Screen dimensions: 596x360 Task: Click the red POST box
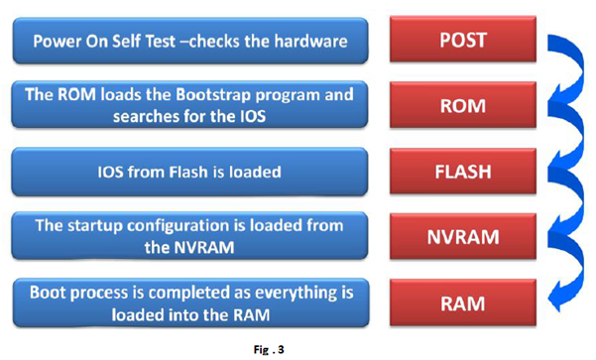463,39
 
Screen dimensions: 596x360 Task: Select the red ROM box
463,105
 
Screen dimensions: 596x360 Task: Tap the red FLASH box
463,172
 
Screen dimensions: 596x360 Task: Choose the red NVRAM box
463,236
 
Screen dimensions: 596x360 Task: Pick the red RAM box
463,303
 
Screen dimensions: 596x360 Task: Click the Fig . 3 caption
269,350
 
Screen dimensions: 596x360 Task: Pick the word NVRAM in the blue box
204,248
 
